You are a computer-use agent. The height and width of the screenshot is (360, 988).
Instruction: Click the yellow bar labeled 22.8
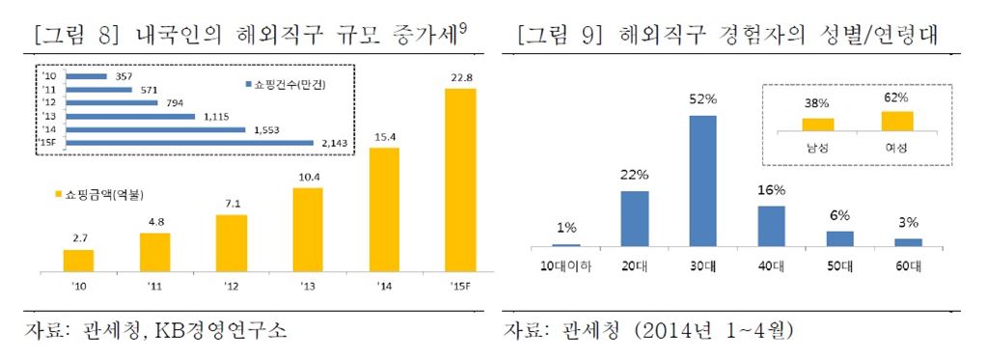coord(460,180)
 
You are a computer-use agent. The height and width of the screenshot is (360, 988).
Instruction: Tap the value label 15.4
coord(384,136)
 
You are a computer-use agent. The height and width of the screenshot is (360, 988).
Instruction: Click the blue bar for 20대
coord(634,218)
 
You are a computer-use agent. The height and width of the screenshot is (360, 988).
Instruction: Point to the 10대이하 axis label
coord(565,263)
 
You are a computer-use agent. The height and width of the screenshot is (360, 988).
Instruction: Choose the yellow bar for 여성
coord(896,121)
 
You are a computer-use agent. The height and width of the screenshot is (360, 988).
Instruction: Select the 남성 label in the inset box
coord(818,146)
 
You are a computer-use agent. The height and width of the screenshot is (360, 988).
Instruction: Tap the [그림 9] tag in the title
coord(560,37)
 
